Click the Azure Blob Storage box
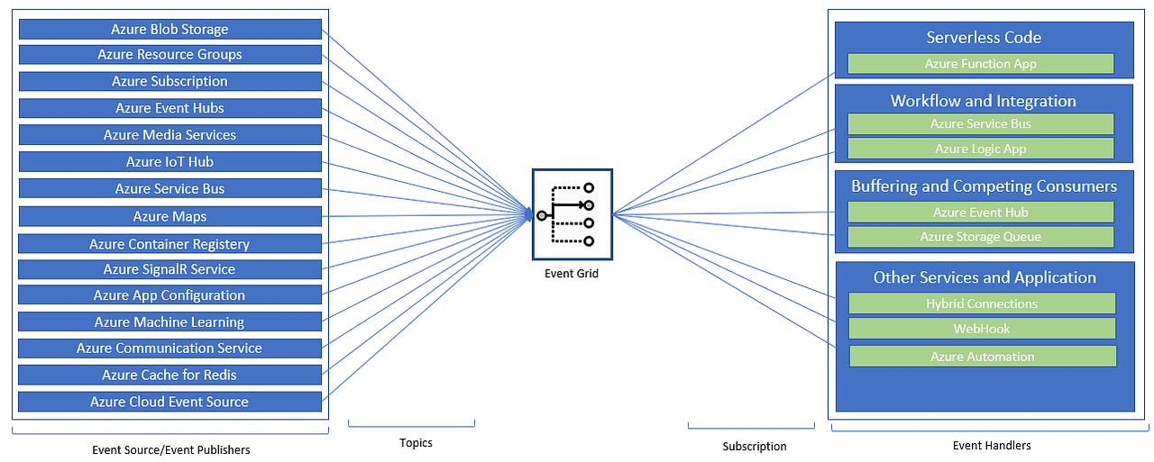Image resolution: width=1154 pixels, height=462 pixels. (169, 29)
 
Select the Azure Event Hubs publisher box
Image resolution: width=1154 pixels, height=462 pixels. (169, 108)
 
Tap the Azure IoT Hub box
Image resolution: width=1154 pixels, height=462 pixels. (169, 162)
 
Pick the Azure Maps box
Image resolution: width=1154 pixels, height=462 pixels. (169, 216)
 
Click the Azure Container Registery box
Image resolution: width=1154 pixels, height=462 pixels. (169, 244)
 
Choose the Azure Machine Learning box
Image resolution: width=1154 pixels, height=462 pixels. (169, 322)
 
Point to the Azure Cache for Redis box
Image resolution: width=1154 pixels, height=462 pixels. (169, 375)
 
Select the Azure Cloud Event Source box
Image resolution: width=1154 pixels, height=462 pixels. (169, 402)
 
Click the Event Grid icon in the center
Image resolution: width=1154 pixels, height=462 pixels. (572, 214)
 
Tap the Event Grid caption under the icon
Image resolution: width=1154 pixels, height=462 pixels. (572, 274)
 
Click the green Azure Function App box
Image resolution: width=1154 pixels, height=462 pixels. (981, 64)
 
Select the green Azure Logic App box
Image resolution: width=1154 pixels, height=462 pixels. (981, 149)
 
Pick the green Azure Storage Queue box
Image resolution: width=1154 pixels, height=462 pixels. (981, 237)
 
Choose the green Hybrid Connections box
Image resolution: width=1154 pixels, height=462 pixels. (982, 303)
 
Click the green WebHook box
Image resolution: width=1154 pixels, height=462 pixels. (982, 329)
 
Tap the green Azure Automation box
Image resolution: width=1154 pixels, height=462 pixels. (983, 357)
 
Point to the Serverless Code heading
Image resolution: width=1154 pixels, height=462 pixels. (984, 38)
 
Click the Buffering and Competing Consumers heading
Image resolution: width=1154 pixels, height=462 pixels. (984, 186)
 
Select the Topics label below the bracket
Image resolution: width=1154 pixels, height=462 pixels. (416, 442)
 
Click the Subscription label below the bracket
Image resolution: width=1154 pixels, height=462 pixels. (755, 446)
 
